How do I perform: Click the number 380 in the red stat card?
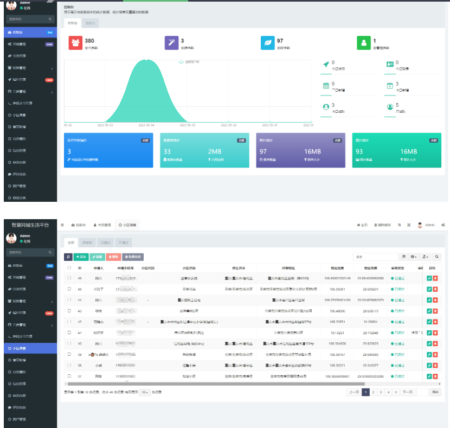[x=89, y=41]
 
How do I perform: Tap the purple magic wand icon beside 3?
[x=171, y=43]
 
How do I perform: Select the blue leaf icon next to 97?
[x=267, y=43]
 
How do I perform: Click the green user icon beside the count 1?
[x=363, y=43]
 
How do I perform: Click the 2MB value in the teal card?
[x=215, y=152]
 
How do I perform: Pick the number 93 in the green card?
[x=359, y=152]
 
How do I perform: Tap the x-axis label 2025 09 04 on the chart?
[x=146, y=125]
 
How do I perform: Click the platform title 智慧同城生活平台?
[x=31, y=225]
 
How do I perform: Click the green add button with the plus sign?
[x=81, y=257]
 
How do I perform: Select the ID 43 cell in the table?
[x=80, y=311]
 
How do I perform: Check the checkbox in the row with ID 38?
[x=69, y=365]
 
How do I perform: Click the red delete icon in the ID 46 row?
[x=435, y=278]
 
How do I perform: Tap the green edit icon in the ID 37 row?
[x=429, y=376]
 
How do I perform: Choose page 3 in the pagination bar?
[x=381, y=392]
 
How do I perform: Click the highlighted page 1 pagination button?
[x=365, y=392]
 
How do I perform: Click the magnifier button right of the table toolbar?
[x=437, y=257]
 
